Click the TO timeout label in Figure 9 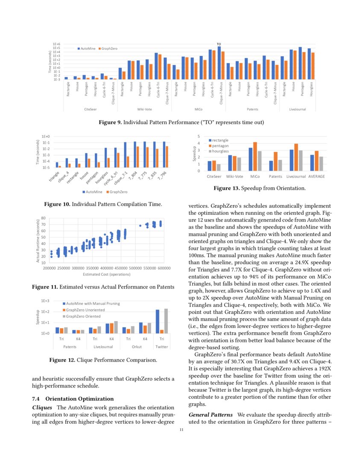click(x=219, y=44)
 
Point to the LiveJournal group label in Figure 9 click(x=297, y=110)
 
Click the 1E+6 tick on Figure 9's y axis click(x=56, y=44)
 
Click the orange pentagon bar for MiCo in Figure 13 click(x=255, y=156)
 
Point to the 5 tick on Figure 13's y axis click(x=198, y=136)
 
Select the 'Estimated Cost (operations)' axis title click(x=107, y=274)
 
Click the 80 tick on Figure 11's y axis click(x=44, y=219)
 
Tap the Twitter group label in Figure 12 click(x=162, y=347)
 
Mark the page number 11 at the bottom click(x=181, y=429)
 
